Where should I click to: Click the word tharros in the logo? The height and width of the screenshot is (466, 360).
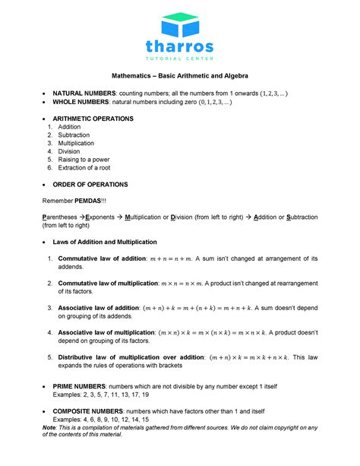pos(180,46)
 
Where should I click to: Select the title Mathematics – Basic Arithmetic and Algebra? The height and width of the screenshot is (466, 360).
pos(180,77)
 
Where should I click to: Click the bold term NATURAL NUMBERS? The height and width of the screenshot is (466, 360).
pos(84,93)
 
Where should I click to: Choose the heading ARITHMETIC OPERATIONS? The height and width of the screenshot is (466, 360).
pos(93,119)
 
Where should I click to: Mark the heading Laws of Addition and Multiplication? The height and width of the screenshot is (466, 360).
pos(104,242)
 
